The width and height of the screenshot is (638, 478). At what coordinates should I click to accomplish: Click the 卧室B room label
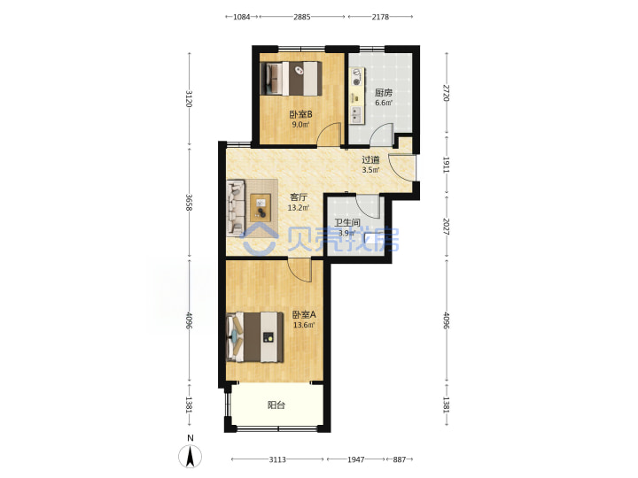pos(300,114)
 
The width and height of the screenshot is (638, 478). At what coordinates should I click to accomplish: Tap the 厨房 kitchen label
pos(384,93)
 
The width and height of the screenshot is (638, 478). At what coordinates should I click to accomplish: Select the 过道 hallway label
pos(370,160)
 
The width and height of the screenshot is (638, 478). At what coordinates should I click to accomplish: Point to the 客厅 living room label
pos(299,197)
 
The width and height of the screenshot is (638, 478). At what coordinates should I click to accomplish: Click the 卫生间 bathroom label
pos(347,223)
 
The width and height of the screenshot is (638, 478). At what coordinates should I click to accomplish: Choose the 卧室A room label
pos(304,314)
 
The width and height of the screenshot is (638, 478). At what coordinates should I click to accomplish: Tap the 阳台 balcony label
pos(276,405)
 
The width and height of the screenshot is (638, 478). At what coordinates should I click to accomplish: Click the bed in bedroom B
pos(291,79)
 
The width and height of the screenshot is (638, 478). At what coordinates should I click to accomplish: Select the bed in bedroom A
pos(255,337)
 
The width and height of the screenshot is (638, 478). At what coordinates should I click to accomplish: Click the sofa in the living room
pos(236,207)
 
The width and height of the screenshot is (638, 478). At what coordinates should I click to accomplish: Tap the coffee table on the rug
pos(261,207)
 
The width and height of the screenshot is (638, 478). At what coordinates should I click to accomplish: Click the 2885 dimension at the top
pos(302,17)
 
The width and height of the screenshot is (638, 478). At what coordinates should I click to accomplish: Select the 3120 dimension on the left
pos(189,99)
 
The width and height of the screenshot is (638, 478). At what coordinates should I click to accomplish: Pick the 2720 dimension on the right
pos(447,93)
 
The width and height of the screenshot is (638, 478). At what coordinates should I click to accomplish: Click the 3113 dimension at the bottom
pos(277,459)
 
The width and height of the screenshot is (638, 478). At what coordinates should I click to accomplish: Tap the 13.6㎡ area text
pos(304,325)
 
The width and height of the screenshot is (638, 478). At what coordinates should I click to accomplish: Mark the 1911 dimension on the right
pos(447,165)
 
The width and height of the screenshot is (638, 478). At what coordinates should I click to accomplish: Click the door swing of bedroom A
pos(300,270)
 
